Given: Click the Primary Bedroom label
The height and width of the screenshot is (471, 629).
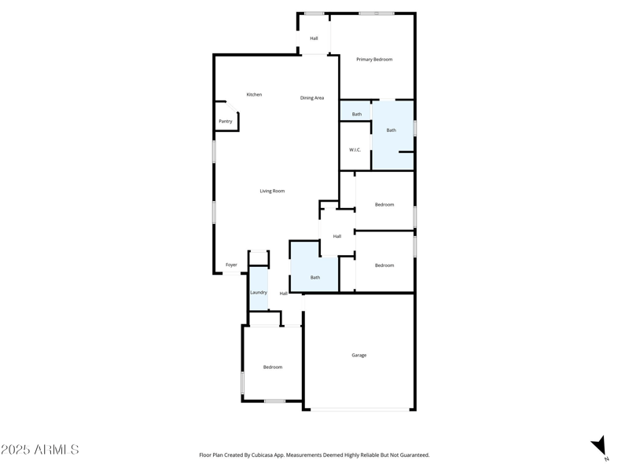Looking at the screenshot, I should [374, 60].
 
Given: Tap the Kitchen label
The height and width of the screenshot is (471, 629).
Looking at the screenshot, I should [254, 95].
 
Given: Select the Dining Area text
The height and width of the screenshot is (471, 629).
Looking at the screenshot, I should [312, 98].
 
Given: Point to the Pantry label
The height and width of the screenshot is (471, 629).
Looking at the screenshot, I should [226, 122].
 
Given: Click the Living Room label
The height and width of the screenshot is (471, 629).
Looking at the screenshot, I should [272, 192].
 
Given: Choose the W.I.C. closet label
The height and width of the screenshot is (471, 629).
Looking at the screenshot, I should [355, 150].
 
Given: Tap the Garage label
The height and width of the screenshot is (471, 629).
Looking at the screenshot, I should [359, 356].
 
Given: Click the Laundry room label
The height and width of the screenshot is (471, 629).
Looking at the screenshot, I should [259, 293].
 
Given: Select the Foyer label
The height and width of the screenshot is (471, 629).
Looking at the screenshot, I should [231, 265].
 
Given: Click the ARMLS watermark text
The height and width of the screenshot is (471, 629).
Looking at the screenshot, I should [40, 450].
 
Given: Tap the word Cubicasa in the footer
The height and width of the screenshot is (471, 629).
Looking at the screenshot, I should [269, 455].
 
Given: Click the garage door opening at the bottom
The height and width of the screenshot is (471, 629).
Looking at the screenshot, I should [359, 409].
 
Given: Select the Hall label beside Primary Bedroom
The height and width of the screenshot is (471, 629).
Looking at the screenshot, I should [314, 38].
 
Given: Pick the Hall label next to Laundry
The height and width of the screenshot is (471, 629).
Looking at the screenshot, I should [284, 294].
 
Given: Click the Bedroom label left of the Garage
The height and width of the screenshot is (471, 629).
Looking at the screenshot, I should [273, 367].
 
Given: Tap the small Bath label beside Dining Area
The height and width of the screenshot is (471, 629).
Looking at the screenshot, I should [357, 115].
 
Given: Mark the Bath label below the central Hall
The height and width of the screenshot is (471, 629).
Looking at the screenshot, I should [315, 278].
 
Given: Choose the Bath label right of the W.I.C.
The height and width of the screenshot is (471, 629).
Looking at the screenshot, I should [391, 130].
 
